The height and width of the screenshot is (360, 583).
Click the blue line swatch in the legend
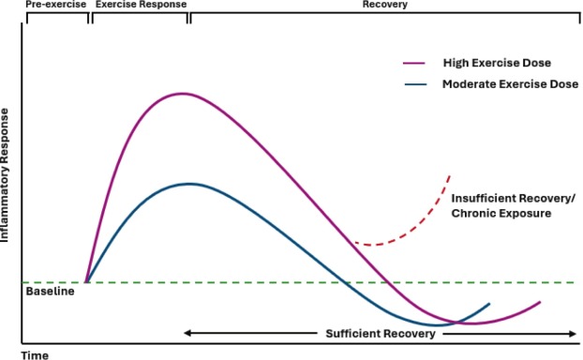(x=414, y=84)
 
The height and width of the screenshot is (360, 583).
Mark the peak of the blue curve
(x=190, y=183)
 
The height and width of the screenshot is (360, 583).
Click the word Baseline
(x=48, y=292)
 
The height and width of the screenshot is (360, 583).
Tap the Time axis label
(x=35, y=355)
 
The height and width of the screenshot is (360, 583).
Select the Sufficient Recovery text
(x=380, y=334)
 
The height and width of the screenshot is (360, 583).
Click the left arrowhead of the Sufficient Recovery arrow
(x=187, y=334)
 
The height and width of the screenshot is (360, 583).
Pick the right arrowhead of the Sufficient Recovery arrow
(x=573, y=334)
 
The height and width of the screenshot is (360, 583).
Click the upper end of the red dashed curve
(x=450, y=175)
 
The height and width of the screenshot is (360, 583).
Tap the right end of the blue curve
(x=489, y=304)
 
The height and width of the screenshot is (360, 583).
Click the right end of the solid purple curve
(x=541, y=302)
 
